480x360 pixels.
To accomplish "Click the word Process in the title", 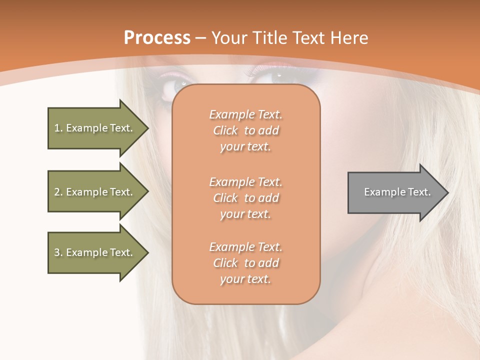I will pos(157,38).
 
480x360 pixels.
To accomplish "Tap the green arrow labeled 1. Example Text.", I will pos(95,128).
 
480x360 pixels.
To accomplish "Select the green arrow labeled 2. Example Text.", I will pos(95,192).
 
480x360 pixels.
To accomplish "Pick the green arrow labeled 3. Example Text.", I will pos(95,252).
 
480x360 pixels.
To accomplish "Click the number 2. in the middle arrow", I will pos(58,192).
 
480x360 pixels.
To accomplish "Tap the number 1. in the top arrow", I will pos(58,128).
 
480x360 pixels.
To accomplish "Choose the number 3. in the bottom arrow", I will pos(58,252).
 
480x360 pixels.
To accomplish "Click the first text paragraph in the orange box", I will pos(245,130).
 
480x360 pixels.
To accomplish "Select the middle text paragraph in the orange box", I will pos(245,198).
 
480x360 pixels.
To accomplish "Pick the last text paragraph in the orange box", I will pos(245,263).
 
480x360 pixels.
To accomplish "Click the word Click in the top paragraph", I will pos(225,131).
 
